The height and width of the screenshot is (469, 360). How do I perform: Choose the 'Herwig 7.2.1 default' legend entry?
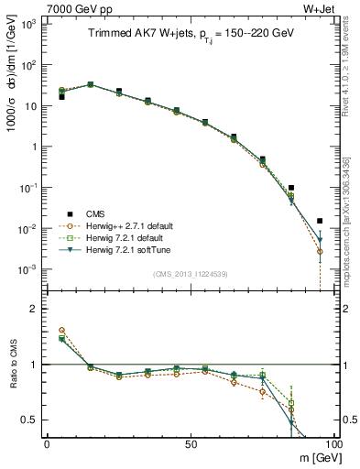click(116, 237)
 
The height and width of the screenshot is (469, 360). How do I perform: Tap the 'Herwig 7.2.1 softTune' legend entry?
click(118, 249)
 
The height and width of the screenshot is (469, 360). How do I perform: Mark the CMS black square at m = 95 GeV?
click(320, 221)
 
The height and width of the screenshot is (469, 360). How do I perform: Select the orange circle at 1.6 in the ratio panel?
click(61, 330)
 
